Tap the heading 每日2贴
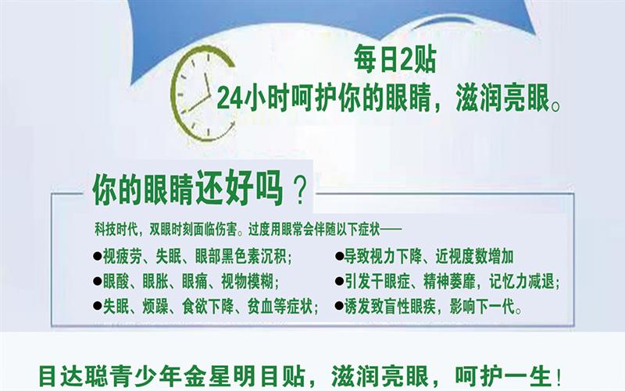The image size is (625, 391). pos(395,60)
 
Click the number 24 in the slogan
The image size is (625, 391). pos(230,98)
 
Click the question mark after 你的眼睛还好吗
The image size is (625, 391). pos(300,191)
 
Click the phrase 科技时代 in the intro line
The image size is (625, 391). pos(116,229)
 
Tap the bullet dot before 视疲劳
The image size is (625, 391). pos(97,256)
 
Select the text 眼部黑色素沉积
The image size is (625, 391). pos(241,257)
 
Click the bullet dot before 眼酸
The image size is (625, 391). pos(97,281)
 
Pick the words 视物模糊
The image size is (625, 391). pos(247,282)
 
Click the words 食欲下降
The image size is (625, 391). pos(207,307)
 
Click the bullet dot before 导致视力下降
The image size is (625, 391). pos(339,257)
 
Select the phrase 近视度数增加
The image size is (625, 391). pos(474,257)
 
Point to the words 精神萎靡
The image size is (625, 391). pos(449,282)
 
